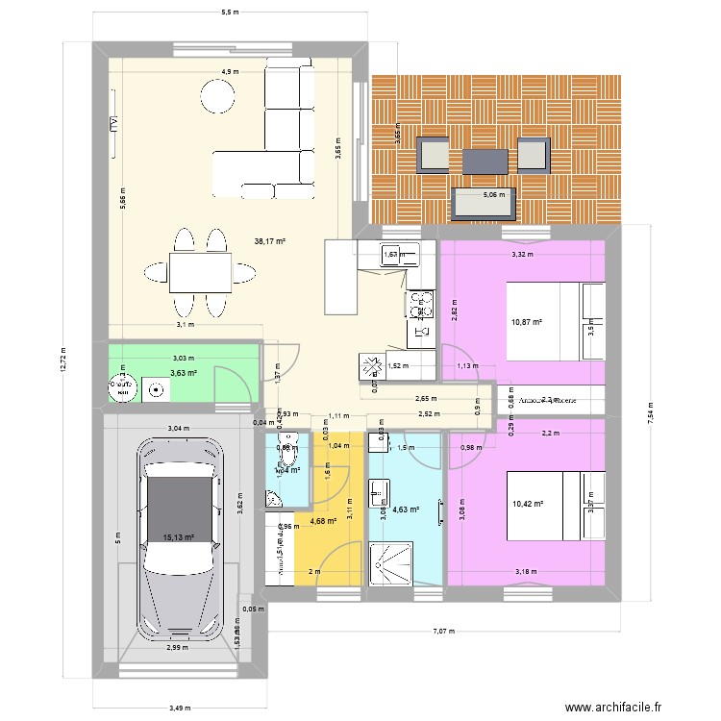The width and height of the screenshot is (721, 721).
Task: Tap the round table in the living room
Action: click(x=217, y=95)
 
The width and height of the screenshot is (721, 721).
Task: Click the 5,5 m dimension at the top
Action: click(x=230, y=12)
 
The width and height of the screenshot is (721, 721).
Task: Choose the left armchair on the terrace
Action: click(x=433, y=155)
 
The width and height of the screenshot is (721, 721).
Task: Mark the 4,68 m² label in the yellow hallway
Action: click(x=323, y=521)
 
